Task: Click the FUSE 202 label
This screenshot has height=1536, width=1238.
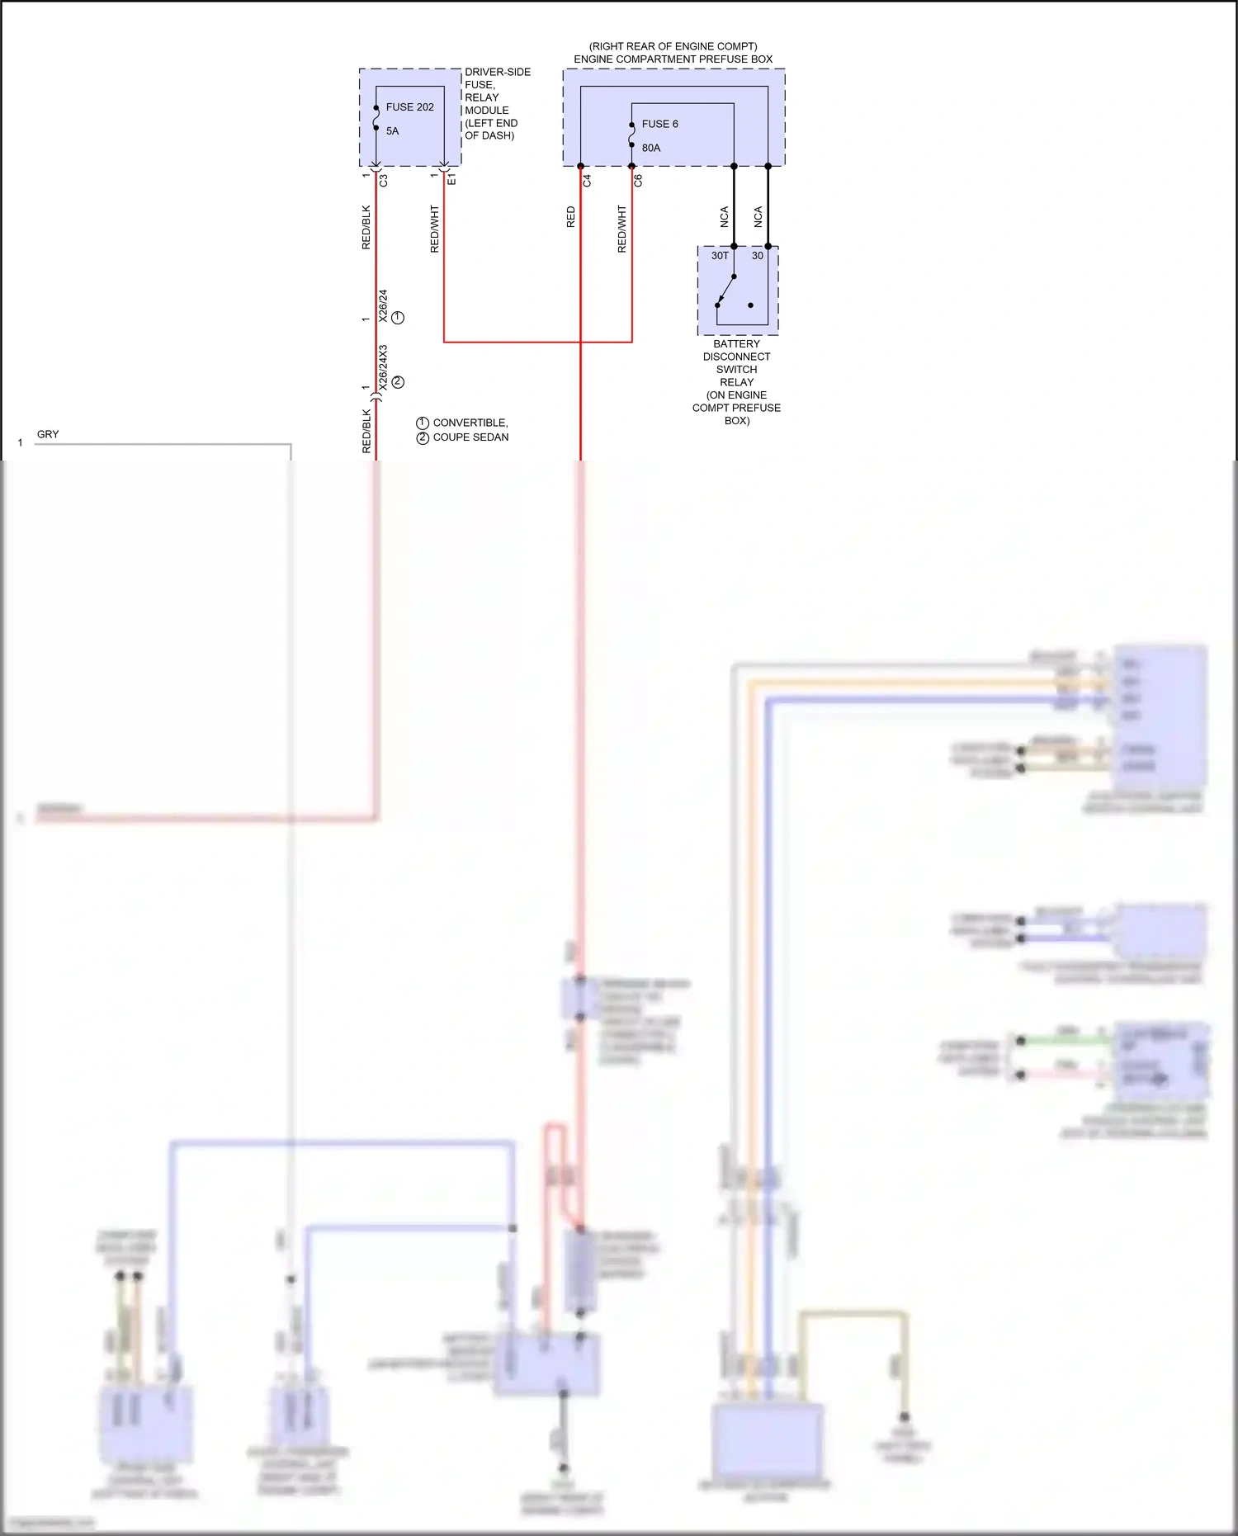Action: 409,107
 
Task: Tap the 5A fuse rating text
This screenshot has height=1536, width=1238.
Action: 392,131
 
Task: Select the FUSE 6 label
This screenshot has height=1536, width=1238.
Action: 659,125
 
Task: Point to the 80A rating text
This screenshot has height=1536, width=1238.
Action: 651,149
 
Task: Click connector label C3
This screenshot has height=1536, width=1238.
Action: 384,180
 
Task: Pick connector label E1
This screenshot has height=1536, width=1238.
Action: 451,179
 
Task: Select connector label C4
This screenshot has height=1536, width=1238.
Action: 587,180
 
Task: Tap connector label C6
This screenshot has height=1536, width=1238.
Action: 638,180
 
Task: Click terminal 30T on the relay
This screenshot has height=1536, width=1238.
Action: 720,256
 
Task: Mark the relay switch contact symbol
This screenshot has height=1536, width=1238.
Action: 726,291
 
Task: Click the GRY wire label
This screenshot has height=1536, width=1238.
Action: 48,434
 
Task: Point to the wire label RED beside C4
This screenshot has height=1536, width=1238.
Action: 570,217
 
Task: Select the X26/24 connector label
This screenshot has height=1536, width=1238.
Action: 383,305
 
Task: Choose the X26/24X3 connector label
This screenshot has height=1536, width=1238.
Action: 383,368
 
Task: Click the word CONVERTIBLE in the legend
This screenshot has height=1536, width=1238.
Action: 470,423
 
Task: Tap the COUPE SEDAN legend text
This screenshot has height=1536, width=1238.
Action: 470,437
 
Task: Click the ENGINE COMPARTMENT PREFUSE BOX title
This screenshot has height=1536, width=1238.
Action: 673,59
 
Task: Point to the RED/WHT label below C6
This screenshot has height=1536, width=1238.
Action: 621,229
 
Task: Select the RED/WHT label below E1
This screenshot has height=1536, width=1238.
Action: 434,229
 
